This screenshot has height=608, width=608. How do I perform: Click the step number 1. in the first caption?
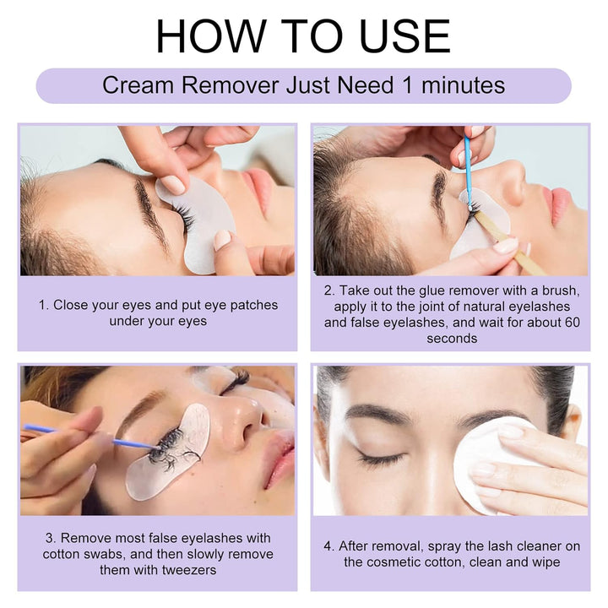[44, 305]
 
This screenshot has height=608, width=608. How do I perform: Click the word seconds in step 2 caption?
[452, 338]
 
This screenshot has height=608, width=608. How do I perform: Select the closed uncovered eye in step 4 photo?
[380, 459]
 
